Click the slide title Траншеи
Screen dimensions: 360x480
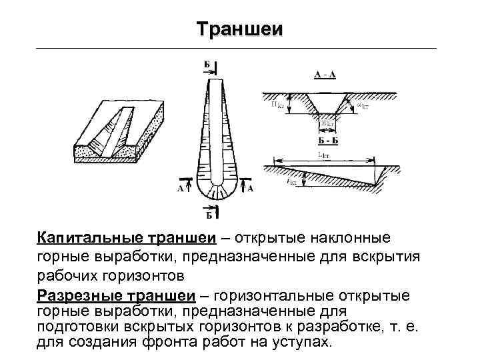(x=240, y=29)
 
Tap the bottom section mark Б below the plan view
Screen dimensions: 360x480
(x=209, y=214)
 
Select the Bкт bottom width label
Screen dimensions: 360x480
(x=326, y=124)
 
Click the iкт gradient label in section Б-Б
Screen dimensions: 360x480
(x=292, y=181)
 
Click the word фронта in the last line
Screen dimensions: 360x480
(x=165, y=342)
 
